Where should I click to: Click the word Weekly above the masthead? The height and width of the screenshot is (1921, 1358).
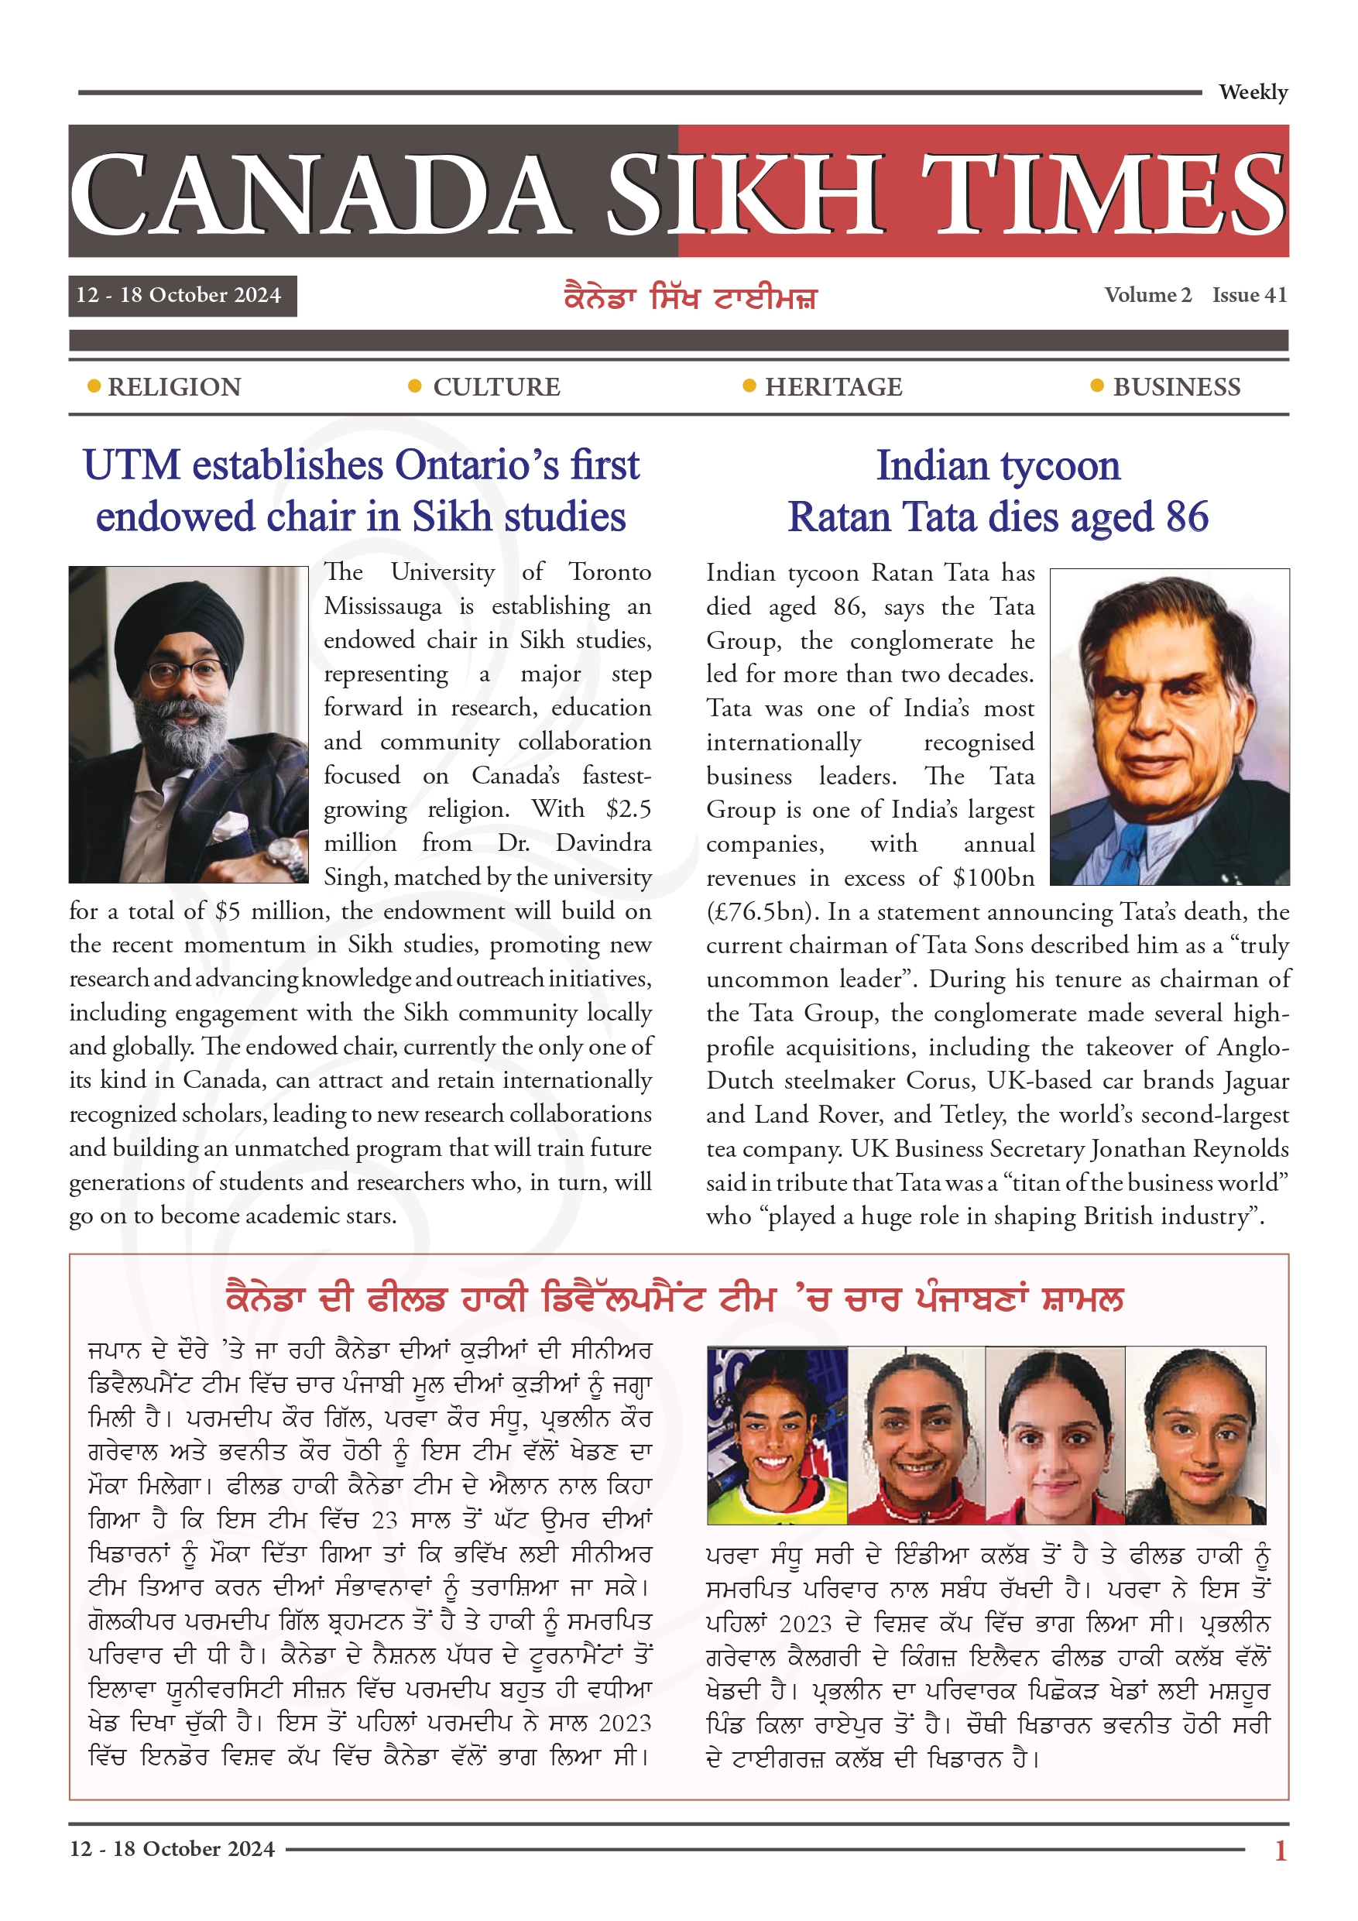click(1253, 92)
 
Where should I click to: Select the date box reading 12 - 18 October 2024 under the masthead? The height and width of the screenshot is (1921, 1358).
click(182, 295)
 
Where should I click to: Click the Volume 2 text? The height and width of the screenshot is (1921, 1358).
click(1147, 295)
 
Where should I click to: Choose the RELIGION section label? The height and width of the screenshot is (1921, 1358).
click(174, 387)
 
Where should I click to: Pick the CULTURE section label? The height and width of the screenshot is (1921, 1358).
click(496, 387)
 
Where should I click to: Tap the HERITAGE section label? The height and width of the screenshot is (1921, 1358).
click(833, 387)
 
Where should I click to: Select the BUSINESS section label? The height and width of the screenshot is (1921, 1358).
click(1176, 387)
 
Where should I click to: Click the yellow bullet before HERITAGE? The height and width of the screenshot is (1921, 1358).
click(749, 386)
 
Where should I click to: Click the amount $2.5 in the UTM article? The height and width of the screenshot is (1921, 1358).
click(629, 809)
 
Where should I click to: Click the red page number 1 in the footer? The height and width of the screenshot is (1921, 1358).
click(1280, 1851)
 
